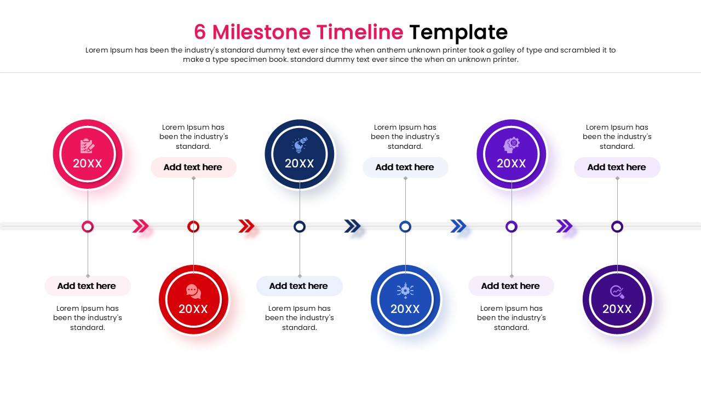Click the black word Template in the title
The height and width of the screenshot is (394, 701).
pyautogui.click(x=458, y=32)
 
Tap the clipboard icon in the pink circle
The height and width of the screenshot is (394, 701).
pyautogui.click(x=87, y=146)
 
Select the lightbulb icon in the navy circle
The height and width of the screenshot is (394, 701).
pyautogui.click(x=299, y=145)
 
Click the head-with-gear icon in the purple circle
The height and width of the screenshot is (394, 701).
pyautogui.click(x=512, y=144)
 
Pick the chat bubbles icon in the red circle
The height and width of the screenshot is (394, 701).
pyautogui.click(x=193, y=291)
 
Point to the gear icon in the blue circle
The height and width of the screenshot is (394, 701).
pyautogui.click(x=405, y=291)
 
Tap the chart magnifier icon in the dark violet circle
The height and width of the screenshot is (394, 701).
pyautogui.click(x=617, y=292)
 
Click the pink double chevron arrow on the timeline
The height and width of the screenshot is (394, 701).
pyautogui.click(x=140, y=226)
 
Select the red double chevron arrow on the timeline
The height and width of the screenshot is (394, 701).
pyautogui.click(x=246, y=226)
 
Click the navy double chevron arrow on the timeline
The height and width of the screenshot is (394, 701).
pyautogui.click(x=352, y=226)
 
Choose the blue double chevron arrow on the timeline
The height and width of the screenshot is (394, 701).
pyautogui.click(x=458, y=226)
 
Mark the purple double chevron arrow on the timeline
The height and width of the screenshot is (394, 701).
pyautogui.click(x=564, y=226)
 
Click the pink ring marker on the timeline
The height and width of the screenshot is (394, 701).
pyautogui.click(x=88, y=227)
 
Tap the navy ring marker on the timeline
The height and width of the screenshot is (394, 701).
pyautogui.click(x=300, y=227)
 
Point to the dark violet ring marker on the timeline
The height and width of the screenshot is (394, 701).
pyautogui.click(x=617, y=227)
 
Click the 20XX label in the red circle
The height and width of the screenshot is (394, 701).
pyautogui.click(x=193, y=309)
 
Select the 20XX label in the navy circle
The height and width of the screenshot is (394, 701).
pyautogui.click(x=300, y=164)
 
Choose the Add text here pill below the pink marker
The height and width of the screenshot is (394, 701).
pyautogui.click(x=87, y=286)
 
